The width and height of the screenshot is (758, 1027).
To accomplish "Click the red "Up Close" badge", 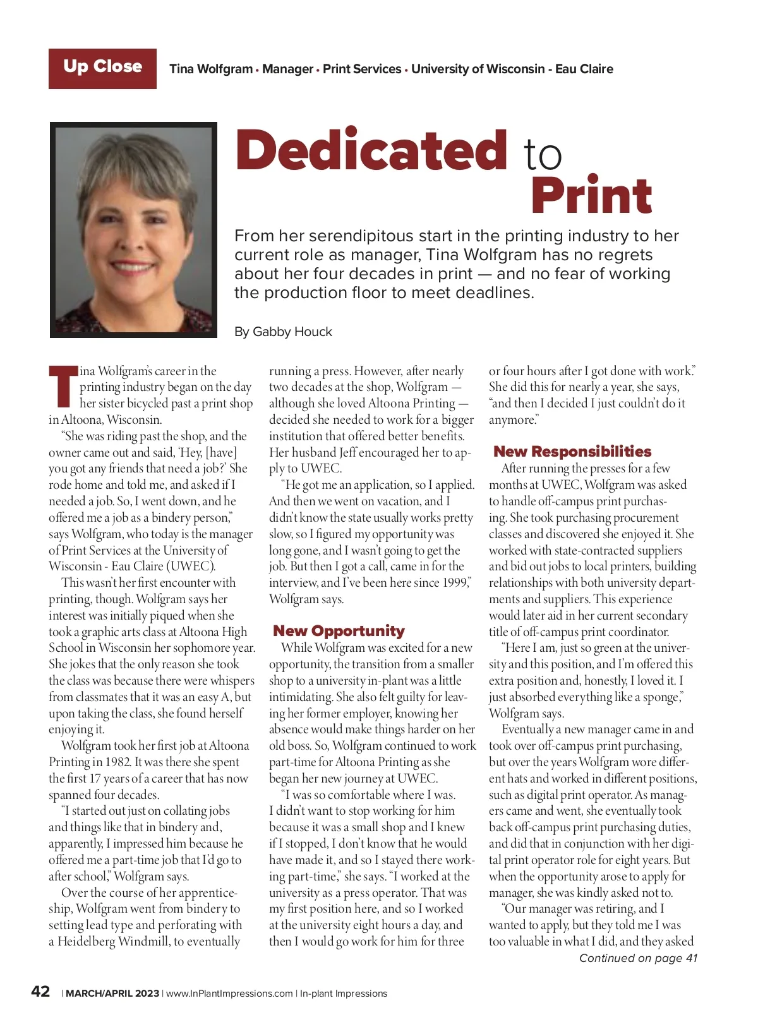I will pyautogui.click(x=102, y=68).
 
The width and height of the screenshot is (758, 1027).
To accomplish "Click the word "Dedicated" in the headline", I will pyautogui.click(x=371, y=150).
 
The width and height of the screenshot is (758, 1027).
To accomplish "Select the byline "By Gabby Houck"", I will pyautogui.click(x=283, y=332).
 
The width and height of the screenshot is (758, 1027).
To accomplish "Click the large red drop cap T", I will pyautogui.click(x=63, y=386).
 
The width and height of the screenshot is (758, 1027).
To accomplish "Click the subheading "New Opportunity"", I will pyautogui.click(x=339, y=630).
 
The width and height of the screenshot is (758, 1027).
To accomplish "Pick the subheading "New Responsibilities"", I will pyautogui.click(x=572, y=451).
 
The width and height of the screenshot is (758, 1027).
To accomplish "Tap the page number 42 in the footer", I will pyautogui.click(x=40, y=992).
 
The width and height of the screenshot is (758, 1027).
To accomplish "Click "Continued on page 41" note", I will pyautogui.click(x=638, y=958).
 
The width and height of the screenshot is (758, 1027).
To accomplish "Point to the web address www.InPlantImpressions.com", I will pyautogui.click(x=229, y=993).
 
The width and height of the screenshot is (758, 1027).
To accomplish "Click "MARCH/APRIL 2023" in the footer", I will pyautogui.click(x=112, y=993).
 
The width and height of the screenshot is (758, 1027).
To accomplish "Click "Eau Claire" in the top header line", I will pyautogui.click(x=584, y=69).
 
